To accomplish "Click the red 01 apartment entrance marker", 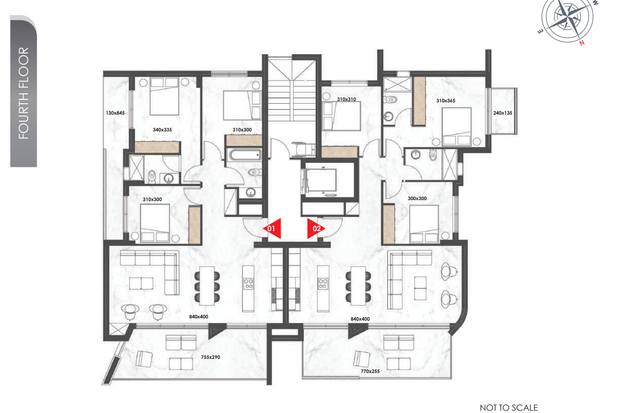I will (x=272, y=228).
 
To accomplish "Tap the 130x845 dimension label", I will (x=115, y=113).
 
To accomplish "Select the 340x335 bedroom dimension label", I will (x=162, y=130).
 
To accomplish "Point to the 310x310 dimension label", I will (x=346, y=99).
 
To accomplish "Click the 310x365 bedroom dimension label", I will (x=445, y=101).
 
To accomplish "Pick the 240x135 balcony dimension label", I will (x=502, y=113).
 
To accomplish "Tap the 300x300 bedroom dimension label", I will (x=417, y=198).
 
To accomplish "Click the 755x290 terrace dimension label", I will (x=210, y=357).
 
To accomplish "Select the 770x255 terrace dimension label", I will (x=370, y=371).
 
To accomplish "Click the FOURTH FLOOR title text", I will (x=23, y=93).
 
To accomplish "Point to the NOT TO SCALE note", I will (x=509, y=408).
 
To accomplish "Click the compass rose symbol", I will (x=568, y=18).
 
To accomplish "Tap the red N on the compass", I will (x=582, y=43).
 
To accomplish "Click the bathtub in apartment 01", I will (x=245, y=155).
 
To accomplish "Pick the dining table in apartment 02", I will (x=358, y=286).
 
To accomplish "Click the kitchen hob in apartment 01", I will (x=248, y=284).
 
